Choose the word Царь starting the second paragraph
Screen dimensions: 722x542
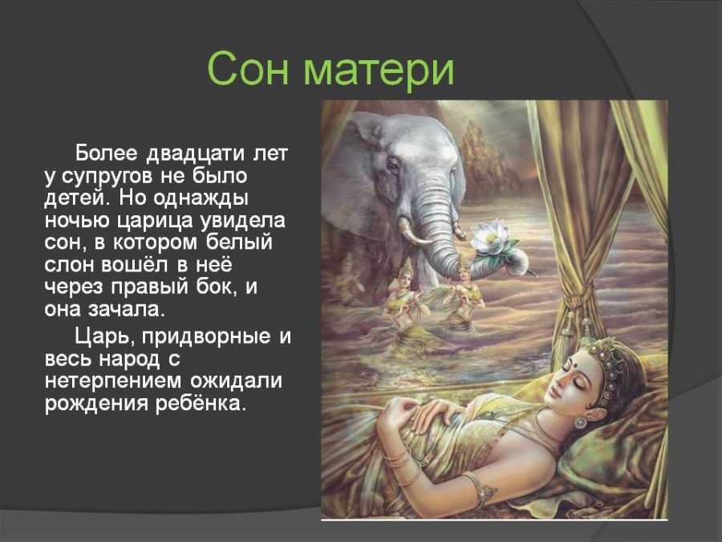103,336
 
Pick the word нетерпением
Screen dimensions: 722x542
117,382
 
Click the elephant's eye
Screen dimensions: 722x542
393,165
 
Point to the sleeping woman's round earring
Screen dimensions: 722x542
581,422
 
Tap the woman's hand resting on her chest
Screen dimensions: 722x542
428,412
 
